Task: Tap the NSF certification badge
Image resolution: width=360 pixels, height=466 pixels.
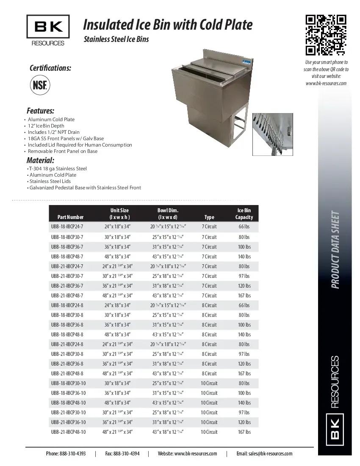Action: click(39, 86)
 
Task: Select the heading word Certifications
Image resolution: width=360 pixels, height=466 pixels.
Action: click(50, 68)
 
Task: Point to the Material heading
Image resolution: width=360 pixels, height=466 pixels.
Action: click(40, 161)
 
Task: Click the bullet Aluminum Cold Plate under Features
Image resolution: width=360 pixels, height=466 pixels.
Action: click(51, 119)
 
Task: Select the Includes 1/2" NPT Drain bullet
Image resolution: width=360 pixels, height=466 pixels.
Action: click(54, 132)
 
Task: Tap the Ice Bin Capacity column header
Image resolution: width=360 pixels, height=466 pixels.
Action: click(244, 214)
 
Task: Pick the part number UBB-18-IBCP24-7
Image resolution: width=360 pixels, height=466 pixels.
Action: click(67, 227)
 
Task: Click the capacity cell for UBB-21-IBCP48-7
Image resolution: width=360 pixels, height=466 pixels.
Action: click(244, 296)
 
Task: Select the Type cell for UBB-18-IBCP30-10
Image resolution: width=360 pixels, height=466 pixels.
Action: click(209, 383)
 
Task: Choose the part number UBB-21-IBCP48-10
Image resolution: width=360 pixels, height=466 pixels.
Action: click(68, 432)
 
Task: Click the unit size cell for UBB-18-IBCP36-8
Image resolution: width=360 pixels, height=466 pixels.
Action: click(117, 325)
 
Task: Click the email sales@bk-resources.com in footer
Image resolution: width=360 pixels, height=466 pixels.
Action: click(264, 454)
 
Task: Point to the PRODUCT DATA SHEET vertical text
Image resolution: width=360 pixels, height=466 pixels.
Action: click(335, 250)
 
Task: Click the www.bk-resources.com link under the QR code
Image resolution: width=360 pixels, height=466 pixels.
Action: click(326, 83)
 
